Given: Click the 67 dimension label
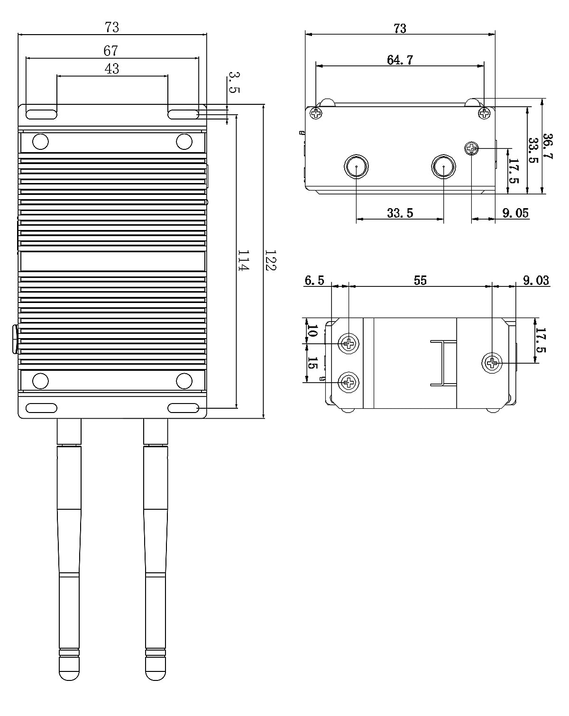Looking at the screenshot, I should tap(111, 50).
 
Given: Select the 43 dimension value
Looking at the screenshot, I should tap(111, 69).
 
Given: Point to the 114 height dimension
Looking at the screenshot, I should tap(243, 261).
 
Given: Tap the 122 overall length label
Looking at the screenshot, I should tap(270, 261).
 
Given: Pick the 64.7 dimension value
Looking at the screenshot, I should tap(400, 60).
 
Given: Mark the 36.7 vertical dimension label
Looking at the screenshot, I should tap(548, 147).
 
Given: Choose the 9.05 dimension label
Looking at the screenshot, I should tap(515, 213).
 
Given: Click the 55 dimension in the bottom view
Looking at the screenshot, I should tap(420, 280).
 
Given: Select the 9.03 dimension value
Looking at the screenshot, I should tap(536, 280).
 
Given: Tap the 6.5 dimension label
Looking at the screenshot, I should tap(314, 280).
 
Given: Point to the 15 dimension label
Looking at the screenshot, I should tap(312, 364).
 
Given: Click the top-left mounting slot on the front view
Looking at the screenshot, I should tap(41, 114).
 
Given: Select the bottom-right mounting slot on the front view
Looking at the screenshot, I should tap(183, 408).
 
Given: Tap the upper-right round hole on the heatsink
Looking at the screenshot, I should tap(184, 141).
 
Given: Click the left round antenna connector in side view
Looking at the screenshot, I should tap(356, 166).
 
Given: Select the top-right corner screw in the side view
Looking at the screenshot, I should tap(484, 113).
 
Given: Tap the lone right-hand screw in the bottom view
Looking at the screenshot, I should tap(492, 364).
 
